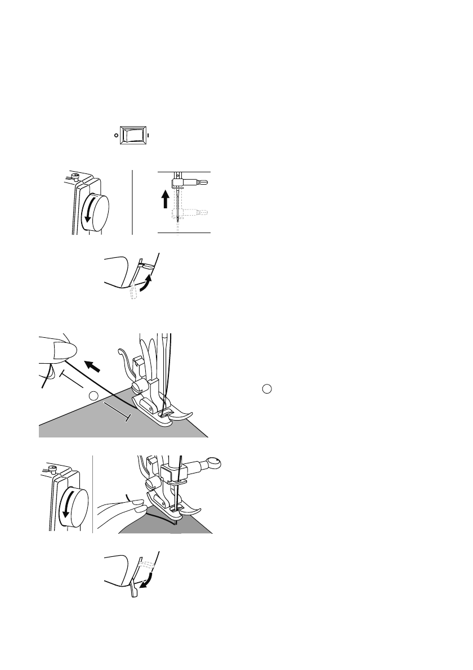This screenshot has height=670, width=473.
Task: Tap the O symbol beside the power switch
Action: [115, 136]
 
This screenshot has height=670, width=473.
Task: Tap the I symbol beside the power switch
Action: [148, 136]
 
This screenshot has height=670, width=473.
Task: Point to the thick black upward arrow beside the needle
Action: [165, 199]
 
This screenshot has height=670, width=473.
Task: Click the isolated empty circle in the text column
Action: [268, 388]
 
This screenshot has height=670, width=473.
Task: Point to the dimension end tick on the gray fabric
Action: [129, 417]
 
